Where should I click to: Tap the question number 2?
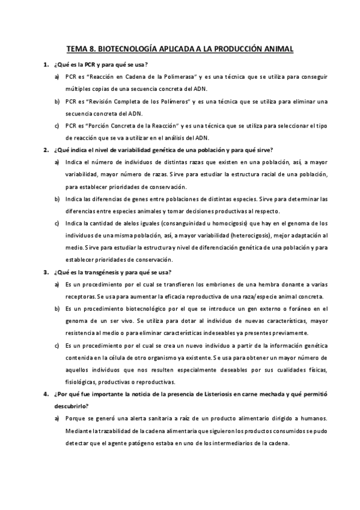[x=45, y=150]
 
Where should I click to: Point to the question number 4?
[x=45, y=394]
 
